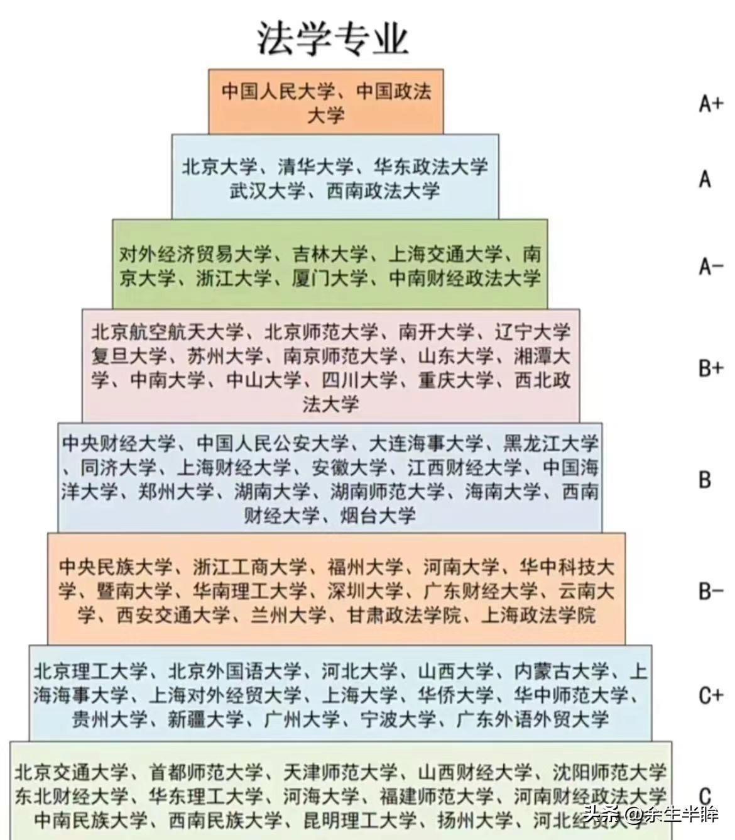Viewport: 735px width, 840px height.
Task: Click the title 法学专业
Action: [333, 38]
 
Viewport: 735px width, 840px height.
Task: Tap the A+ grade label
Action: [710, 103]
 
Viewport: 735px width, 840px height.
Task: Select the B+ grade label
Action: [710, 368]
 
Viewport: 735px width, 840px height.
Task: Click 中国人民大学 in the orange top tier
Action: [278, 91]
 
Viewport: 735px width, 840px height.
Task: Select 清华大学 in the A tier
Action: [316, 167]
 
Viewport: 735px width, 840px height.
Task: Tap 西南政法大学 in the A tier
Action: [383, 191]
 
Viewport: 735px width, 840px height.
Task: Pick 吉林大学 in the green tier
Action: [330, 255]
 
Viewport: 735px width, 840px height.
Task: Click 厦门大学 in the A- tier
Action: [330, 279]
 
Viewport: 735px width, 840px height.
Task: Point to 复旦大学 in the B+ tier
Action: [129, 356]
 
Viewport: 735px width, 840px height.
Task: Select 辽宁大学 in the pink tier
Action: [532, 332]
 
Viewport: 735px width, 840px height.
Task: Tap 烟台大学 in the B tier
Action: [378, 515]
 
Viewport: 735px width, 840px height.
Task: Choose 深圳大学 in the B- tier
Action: [365, 592]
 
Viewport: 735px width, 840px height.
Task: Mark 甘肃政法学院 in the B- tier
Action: [403, 616]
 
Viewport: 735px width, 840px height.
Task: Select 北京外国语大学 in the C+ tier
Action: [234, 671]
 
